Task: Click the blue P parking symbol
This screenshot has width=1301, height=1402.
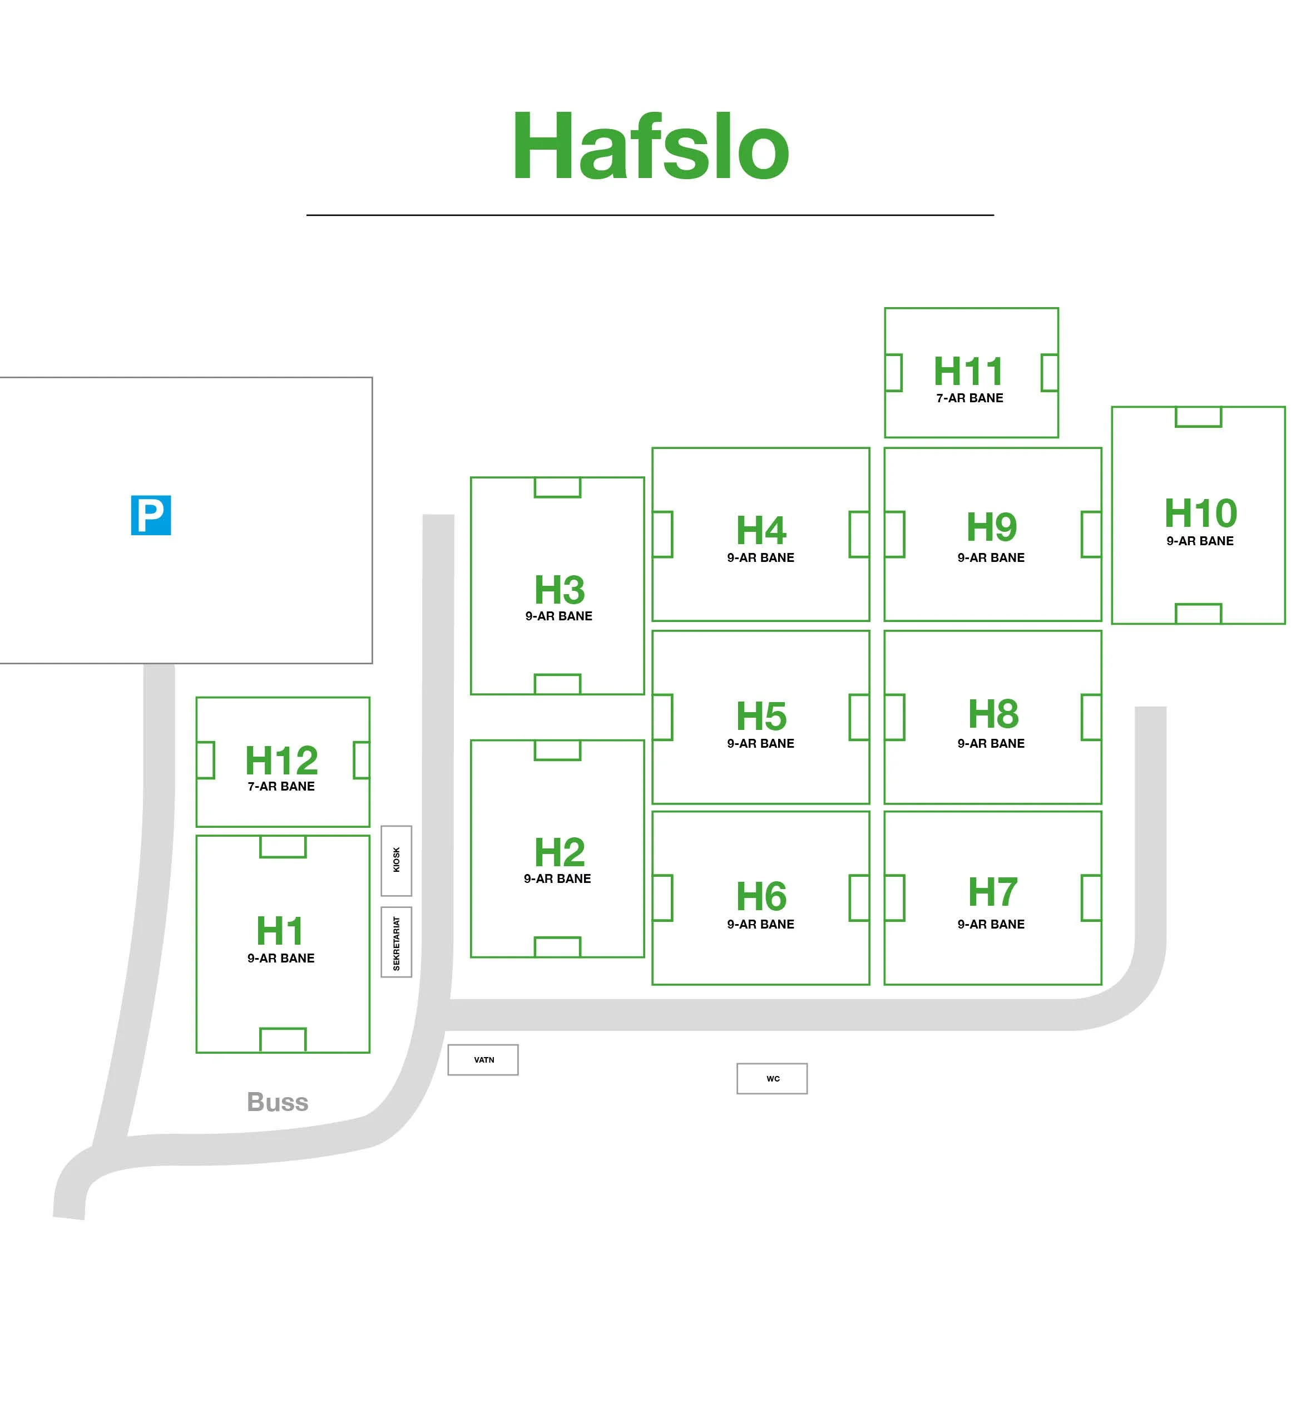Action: point(151,515)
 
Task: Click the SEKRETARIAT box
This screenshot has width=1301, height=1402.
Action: point(397,942)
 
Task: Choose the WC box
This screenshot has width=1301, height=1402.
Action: point(771,1079)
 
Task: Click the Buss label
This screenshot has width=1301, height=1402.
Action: point(278,1102)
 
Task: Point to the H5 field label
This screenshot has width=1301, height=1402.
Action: point(761,716)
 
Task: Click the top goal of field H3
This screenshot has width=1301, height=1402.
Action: point(557,487)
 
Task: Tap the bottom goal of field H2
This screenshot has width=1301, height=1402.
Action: point(557,946)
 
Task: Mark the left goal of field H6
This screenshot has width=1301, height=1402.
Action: point(662,898)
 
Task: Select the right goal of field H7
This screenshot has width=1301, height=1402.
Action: point(1091,898)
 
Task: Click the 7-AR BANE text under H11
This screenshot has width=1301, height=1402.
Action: point(969,398)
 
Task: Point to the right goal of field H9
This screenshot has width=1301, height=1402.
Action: point(1091,535)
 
